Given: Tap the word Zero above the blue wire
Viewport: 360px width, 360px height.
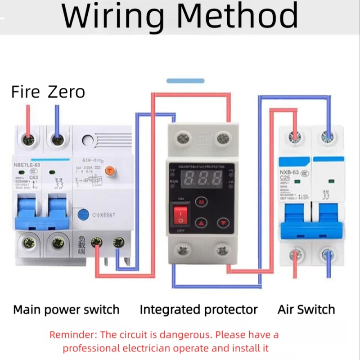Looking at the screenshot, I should (66, 92).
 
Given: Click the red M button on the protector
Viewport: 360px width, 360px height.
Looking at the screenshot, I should (202, 202).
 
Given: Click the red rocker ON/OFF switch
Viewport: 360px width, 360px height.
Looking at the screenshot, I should (180, 213).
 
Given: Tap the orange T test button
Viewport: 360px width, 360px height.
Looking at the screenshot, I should (109, 170).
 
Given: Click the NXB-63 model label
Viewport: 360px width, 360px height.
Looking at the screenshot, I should (290, 172).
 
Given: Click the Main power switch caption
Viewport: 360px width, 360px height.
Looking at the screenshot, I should (66, 310).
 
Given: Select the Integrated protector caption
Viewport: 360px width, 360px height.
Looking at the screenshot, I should (198, 310).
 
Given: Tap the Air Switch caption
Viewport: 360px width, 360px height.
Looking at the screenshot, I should (306, 310).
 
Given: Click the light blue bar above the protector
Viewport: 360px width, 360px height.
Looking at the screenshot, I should (185, 81).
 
